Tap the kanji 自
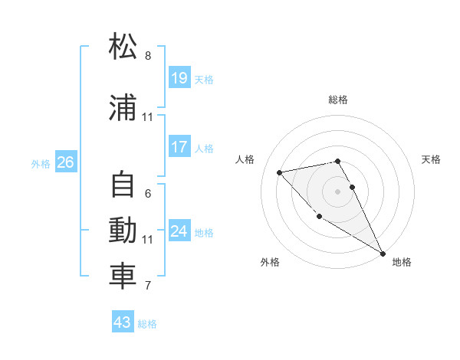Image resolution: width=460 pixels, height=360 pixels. click(123, 186)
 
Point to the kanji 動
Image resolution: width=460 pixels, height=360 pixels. click(123, 231)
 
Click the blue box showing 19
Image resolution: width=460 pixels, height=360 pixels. click(179, 78)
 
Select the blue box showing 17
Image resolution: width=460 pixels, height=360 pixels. click(179, 147)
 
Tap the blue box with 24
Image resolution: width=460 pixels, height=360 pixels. click(179, 231)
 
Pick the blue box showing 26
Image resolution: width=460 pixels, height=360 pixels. click(65, 162)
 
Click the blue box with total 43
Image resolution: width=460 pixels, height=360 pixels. click(123, 322)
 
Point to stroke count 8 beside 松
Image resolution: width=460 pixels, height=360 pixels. click(148, 56)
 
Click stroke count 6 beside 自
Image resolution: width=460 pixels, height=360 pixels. click(148, 194)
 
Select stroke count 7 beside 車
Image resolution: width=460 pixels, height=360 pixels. click(148, 286)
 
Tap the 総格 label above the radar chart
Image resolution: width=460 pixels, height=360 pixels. click(338, 100)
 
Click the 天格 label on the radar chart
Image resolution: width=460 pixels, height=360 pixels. click(431, 159)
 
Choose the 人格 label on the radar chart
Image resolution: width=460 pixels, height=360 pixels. click(245, 159)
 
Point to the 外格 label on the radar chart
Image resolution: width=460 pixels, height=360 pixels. click(270, 262)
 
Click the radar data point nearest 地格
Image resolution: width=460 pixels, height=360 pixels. click(383, 253)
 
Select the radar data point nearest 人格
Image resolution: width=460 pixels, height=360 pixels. click(280, 172)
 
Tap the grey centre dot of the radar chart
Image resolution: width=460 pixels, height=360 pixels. click(338, 191)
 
